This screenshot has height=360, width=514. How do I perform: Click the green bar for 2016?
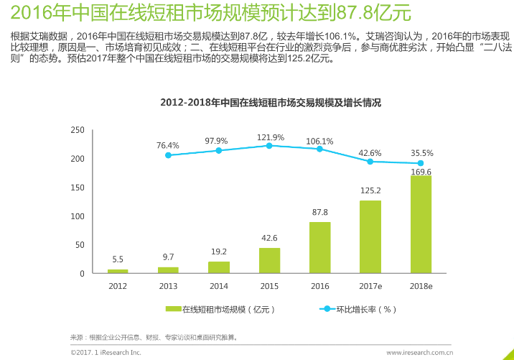(319, 247)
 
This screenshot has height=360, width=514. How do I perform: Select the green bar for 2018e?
(421, 224)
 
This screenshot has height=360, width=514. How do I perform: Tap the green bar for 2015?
(269, 260)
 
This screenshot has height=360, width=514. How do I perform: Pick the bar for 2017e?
(370, 237)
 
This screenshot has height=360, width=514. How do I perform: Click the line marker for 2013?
(168, 155)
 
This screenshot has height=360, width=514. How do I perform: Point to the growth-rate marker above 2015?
(269, 145)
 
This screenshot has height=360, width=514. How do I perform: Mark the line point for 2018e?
(421, 163)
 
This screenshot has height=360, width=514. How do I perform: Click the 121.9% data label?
(271, 137)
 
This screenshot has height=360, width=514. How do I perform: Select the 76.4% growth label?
(168, 145)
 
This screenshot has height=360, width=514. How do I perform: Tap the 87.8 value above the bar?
(319, 212)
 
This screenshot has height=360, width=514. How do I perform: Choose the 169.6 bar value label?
(421, 172)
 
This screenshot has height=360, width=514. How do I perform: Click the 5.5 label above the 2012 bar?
(118, 259)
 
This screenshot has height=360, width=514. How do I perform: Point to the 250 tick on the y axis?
(78, 130)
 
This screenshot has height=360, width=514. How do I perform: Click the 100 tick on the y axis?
(78, 216)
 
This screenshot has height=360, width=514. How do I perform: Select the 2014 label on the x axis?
(218, 285)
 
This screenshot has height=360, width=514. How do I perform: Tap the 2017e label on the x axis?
(370, 285)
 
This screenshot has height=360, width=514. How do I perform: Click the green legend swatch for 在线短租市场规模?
(173, 310)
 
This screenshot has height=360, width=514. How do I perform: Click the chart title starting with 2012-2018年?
(271, 103)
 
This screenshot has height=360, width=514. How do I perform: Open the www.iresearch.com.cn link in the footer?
(419, 353)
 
